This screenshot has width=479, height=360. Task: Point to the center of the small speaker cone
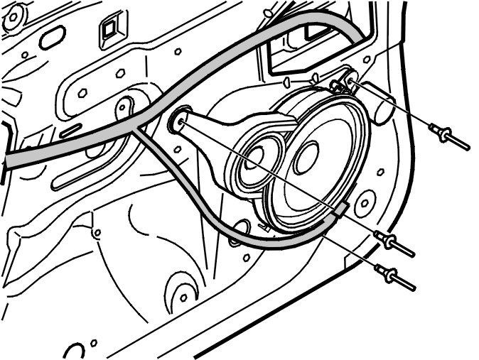coord(257,156)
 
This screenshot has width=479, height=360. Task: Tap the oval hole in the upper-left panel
coord(51,38)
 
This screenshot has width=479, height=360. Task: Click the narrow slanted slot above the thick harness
coord(70,129)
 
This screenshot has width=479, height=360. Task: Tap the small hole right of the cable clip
coord(365,203)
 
